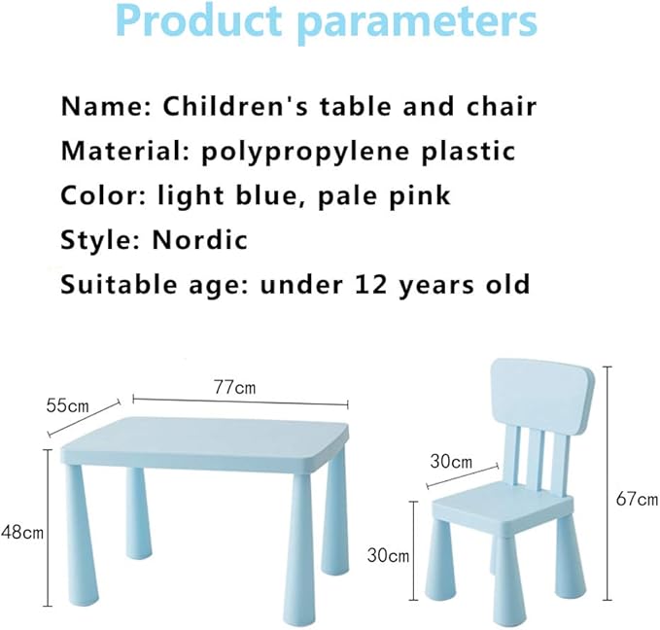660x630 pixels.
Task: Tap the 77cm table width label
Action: pyautogui.click(x=235, y=387)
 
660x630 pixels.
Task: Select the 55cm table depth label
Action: pyautogui.click(x=67, y=403)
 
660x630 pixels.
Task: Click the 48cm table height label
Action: pyautogui.click(x=21, y=532)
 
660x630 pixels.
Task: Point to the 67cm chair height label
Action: pyautogui.click(x=637, y=499)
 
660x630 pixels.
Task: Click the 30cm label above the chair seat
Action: pyautogui.click(x=451, y=460)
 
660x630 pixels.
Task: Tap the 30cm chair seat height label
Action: pyautogui.click(x=388, y=554)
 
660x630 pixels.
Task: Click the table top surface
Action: pyautogui.click(x=209, y=437)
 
